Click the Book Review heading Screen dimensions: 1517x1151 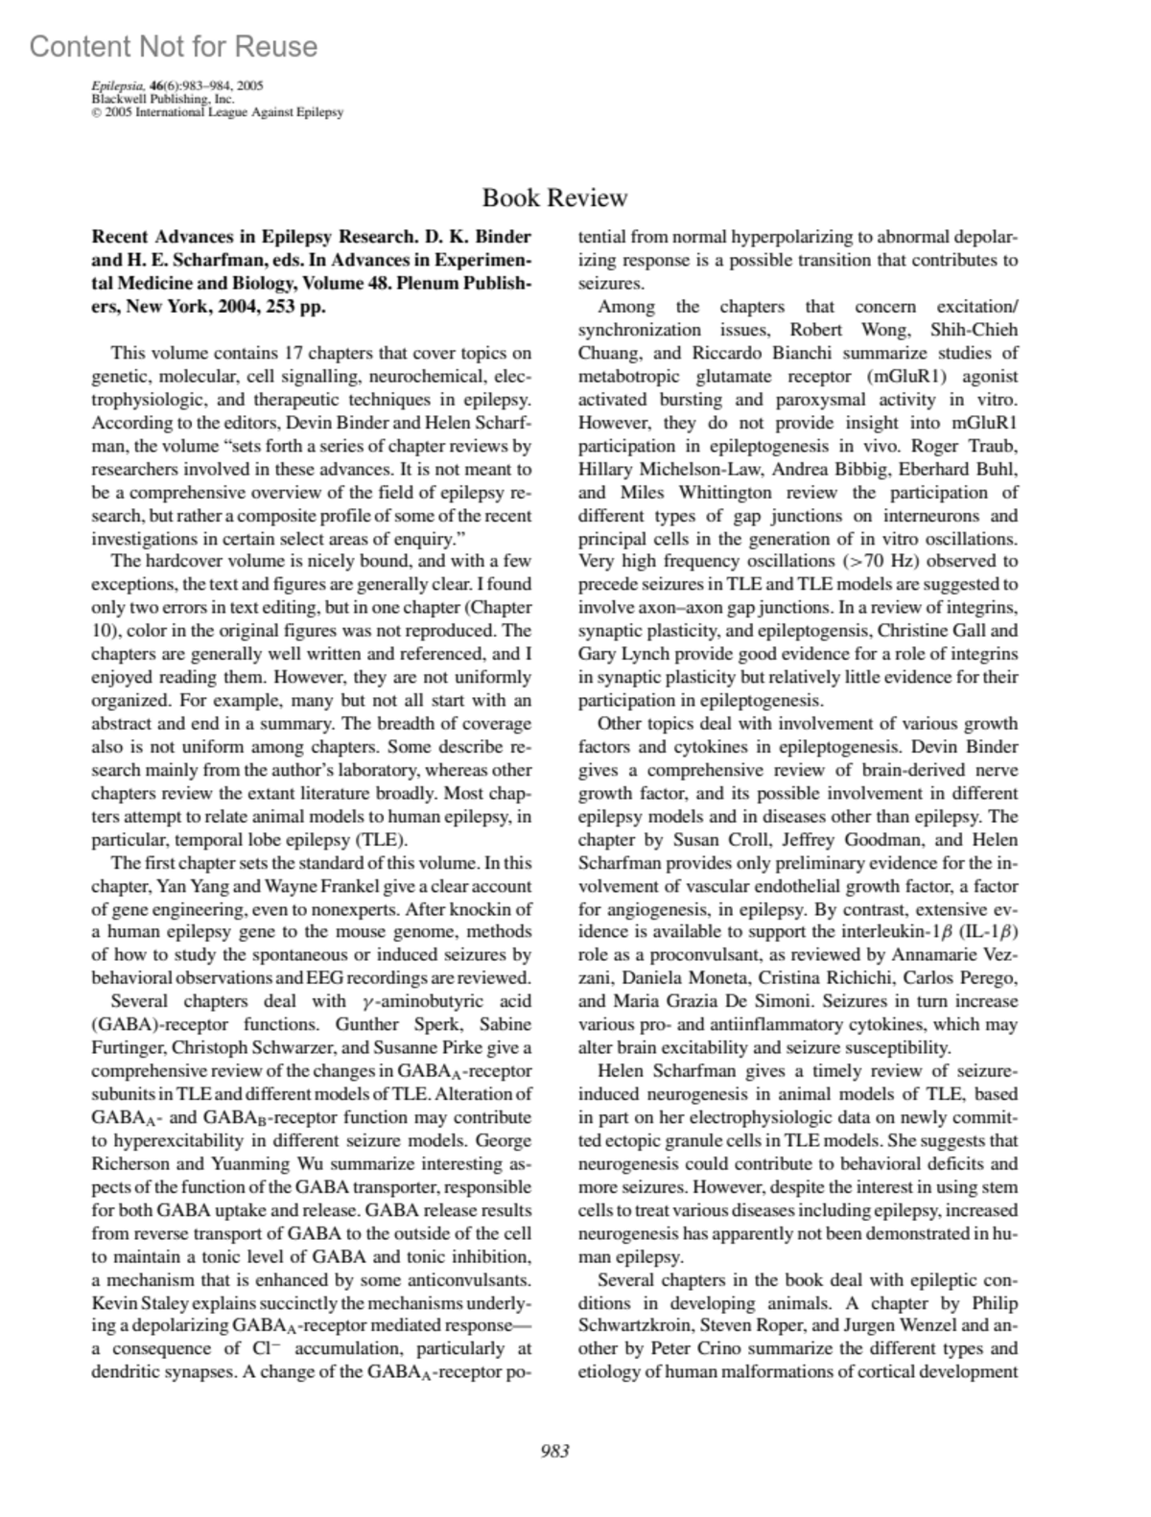(x=554, y=198)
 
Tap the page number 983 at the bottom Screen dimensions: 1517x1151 (x=554, y=1451)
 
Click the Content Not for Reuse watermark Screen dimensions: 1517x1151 (x=174, y=46)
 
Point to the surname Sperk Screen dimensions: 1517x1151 (x=438, y=1024)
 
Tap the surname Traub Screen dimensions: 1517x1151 (x=994, y=446)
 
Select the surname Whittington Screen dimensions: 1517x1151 (x=725, y=492)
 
